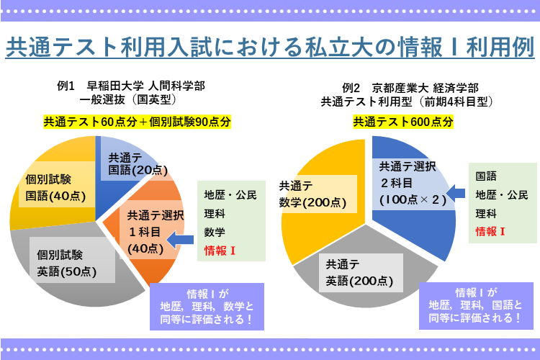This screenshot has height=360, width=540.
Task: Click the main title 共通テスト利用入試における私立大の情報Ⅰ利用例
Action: pyautogui.click(x=269, y=48)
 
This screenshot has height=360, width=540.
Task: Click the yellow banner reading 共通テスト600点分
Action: pyautogui.click(x=403, y=122)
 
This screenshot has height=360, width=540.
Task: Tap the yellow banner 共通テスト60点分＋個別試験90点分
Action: pyautogui.click(x=138, y=122)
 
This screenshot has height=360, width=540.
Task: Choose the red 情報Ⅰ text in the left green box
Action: pyautogui.click(x=220, y=251)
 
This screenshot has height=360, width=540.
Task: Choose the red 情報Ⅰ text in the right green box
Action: pyautogui.click(x=490, y=232)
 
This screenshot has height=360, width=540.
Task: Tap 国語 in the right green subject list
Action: pyautogui.click(x=486, y=175)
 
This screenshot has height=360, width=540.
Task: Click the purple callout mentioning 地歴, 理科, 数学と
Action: pyautogui.click(x=206, y=306)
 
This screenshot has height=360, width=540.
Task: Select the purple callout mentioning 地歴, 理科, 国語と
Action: pyautogui.click(x=474, y=305)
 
